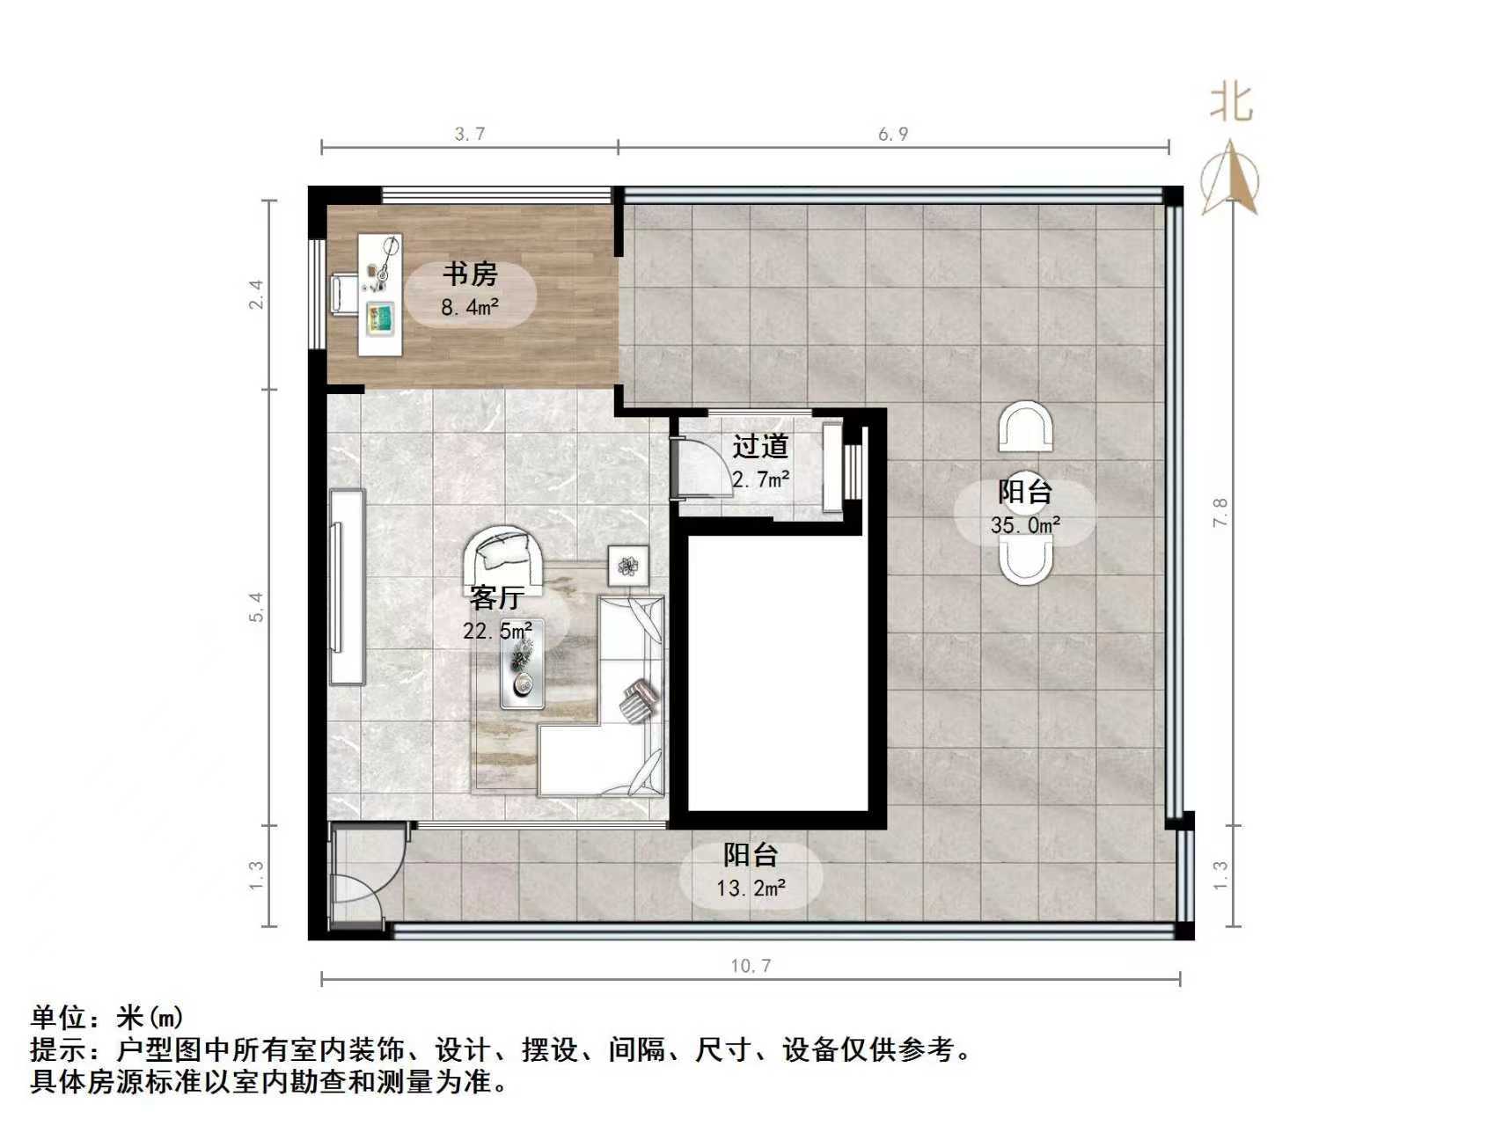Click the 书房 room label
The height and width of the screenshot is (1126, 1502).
click(470, 274)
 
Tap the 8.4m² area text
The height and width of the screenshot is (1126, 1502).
click(470, 307)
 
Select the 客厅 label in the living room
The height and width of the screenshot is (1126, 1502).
click(496, 598)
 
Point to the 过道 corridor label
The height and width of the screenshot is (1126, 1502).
click(760, 447)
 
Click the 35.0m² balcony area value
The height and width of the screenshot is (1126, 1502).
click(1025, 525)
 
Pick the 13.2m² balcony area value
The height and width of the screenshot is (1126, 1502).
click(751, 888)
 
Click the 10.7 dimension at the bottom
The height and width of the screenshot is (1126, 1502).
click(751, 966)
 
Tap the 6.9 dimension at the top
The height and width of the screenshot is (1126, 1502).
click(892, 134)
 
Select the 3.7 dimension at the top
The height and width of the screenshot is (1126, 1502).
click(470, 134)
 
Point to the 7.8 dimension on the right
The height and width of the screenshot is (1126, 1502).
click(1220, 512)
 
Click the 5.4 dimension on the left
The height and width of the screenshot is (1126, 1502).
click(256, 607)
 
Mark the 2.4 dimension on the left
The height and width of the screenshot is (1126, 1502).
click(256, 294)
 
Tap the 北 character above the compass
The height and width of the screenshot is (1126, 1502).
click(1231, 102)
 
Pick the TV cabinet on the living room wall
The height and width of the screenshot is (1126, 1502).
click(347, 587)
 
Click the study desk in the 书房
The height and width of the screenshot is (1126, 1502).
click(381, 295)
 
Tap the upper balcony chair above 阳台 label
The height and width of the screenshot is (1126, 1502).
click(1025, 427)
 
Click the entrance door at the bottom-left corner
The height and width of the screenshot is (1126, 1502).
click(361, 876)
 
